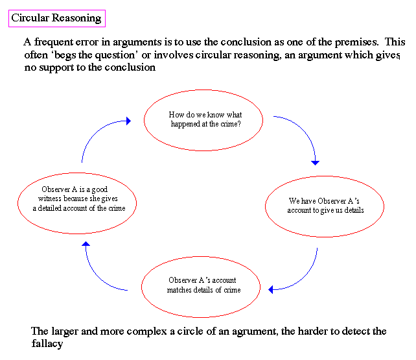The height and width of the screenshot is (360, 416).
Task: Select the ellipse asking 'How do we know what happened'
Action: (x=203, y=90)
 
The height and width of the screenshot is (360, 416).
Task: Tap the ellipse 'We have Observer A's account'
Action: (x=325, y=176)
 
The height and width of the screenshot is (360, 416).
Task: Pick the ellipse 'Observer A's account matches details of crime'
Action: (x=201, y=257)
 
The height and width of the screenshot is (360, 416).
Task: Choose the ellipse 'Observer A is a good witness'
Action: (x=77, y=173)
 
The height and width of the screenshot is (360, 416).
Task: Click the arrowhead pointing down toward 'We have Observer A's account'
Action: (x=315, y=163)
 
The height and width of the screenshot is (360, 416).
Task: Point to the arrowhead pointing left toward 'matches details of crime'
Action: (x=271, y=290)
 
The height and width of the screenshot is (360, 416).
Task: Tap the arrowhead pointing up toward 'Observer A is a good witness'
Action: (x=86, y=244)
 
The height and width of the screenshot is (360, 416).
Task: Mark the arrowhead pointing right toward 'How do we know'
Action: (x=129, y=121)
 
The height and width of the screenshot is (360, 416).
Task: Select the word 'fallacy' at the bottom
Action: (x=47, y=344)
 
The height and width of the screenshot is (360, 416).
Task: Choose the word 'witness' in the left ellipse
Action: (x=50, y=198)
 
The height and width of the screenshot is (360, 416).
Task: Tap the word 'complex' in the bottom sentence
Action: (x=146, y=332)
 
